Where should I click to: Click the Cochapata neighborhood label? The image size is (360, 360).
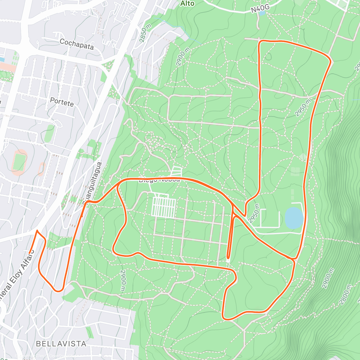pos(76,44)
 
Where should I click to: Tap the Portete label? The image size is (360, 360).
pos(62,102)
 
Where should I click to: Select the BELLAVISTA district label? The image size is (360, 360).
pos(61,343)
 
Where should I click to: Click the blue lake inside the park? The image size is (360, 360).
pos(294,218)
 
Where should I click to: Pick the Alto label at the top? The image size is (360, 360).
pos(187,4)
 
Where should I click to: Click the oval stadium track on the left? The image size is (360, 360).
pos(19,162)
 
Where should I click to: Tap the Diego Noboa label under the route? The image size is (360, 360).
pos(159,180)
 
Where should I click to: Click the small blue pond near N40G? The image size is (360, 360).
pos(262,13)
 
